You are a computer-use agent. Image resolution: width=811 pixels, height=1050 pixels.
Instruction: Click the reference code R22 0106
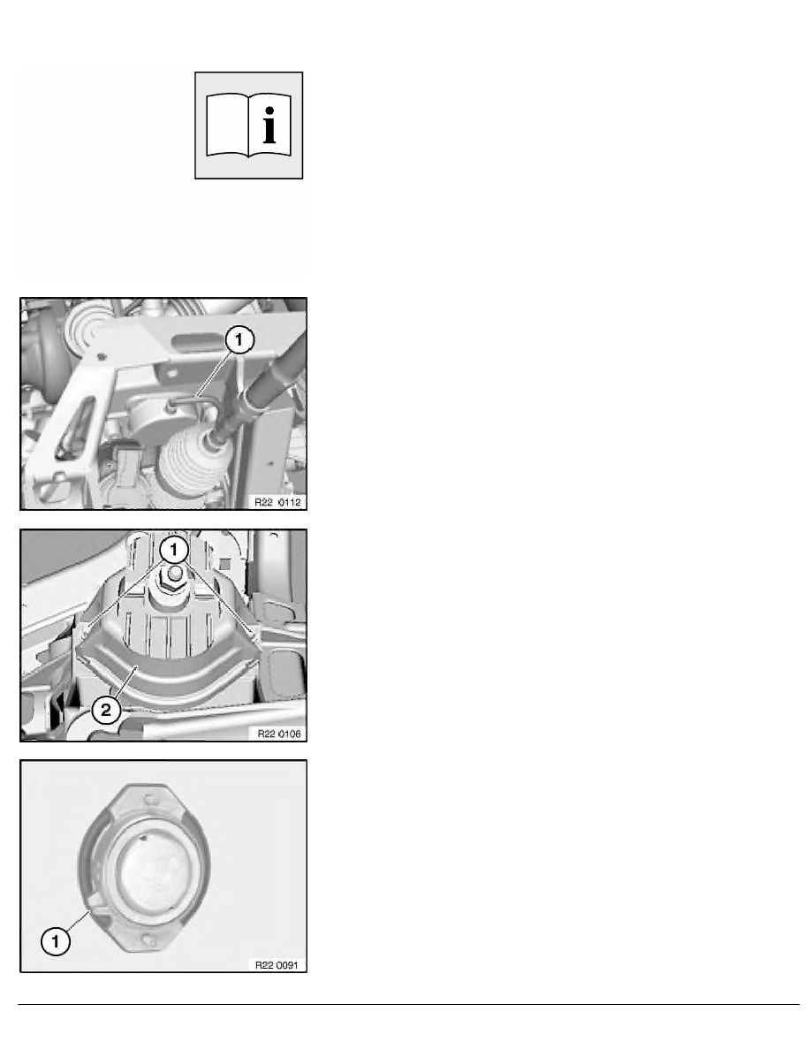point(276,733)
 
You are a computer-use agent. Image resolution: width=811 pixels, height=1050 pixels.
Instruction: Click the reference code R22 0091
point(276,964)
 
